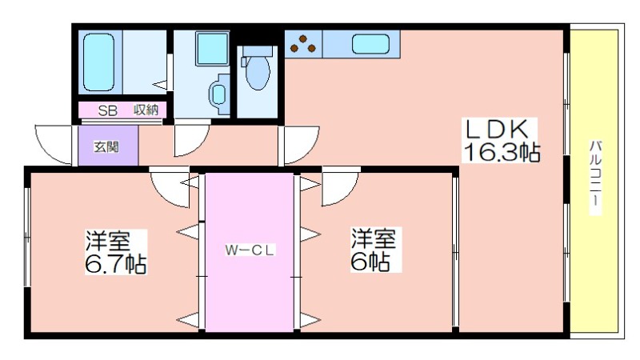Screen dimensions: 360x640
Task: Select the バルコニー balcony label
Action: pos(596,177)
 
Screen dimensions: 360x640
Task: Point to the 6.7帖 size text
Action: pos(116,263)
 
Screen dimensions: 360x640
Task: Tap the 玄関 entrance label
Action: pos(106,146)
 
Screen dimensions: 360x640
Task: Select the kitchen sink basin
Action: pos(370,45)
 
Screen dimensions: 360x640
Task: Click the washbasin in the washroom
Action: pos(218,94)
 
